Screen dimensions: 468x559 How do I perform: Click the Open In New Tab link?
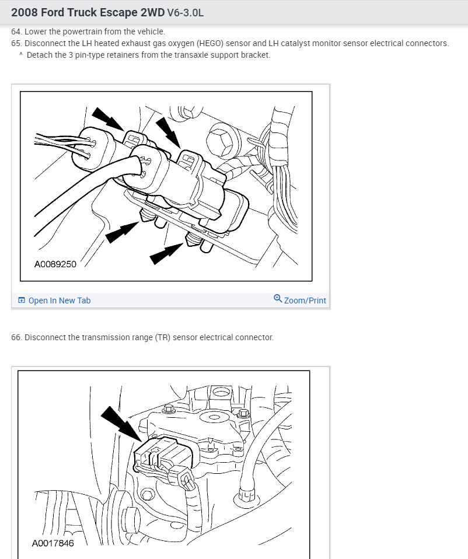pos(59,301)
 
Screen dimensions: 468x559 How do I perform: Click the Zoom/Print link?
pos(305,301)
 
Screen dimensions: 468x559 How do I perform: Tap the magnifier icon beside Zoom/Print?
pos(278,298)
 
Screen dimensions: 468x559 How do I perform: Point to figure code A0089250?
pos(55,264)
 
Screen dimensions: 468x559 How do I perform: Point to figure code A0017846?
pos(53,543)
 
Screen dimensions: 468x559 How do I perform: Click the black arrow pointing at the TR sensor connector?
pos(121,424)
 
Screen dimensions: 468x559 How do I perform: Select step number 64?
pos(16,32)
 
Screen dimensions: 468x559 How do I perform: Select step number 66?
pos(16,337)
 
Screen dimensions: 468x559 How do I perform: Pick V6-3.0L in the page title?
pos(186,13)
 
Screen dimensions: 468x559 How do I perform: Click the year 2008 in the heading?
pos(25,12)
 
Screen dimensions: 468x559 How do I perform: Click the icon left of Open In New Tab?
pos(22,300)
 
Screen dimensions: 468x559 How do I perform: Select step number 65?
pos(16,43)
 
